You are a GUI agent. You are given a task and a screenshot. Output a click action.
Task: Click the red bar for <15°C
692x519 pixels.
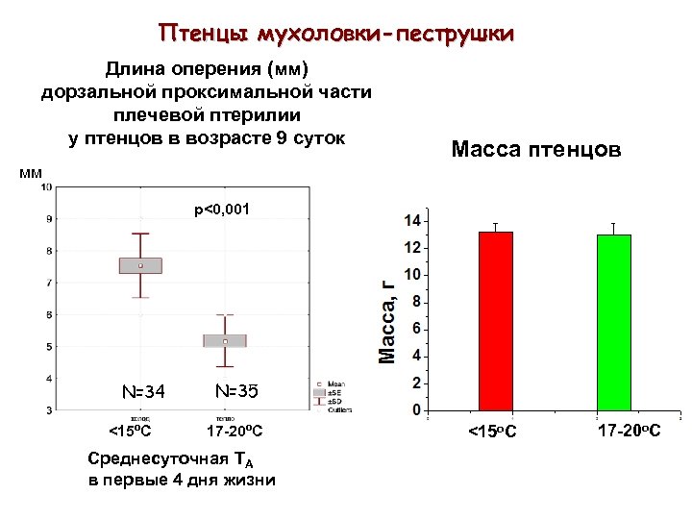coord(495,321)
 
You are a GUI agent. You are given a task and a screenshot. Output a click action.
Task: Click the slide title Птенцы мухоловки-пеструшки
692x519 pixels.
coord(336,35)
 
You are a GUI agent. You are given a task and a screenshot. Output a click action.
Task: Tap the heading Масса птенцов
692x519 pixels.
coord(536,150)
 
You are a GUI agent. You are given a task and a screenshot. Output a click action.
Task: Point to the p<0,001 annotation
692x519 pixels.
coord(221,209)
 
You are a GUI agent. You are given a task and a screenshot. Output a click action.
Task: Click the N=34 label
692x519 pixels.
coord(143,391)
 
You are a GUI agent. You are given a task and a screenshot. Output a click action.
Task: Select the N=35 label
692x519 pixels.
coord(235,391)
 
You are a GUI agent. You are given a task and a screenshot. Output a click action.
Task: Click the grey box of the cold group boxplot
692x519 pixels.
coord(140,265)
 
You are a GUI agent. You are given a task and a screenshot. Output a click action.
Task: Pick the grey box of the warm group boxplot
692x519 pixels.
coord(225,340)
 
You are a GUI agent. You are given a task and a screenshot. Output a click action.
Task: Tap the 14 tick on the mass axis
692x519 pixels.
coord(410,221)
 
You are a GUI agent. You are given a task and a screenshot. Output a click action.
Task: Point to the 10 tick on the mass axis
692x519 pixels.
coord(410,275)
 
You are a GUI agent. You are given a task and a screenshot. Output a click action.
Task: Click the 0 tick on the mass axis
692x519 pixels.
coord(415,410)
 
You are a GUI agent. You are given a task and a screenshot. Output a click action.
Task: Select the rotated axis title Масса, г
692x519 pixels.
coord(387,318)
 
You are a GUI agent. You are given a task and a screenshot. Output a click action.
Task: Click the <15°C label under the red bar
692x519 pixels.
coord(492,431)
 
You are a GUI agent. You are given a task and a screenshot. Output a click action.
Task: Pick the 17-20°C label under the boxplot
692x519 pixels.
coord(235,431)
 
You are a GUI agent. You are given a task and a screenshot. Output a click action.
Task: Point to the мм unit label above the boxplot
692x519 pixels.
coord(32,173)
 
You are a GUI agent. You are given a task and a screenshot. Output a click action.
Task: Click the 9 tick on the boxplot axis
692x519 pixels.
coord(48,219)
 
